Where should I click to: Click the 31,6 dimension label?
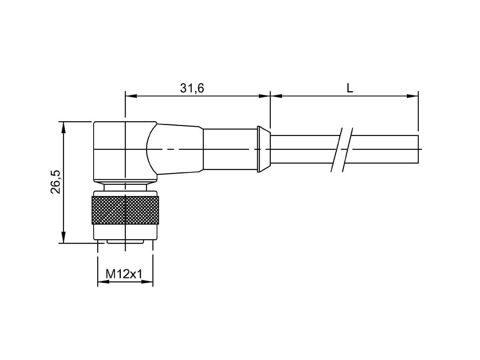192,88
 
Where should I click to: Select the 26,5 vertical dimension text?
55,182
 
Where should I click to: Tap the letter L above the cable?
350,88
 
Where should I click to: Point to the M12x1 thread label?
124,274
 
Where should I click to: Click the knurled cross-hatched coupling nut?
125,210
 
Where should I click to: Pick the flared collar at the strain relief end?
264,149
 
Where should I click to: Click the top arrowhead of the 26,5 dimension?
64,127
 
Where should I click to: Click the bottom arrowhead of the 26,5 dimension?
64,237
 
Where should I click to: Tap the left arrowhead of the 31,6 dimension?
131,96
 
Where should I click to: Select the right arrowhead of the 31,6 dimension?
264,96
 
